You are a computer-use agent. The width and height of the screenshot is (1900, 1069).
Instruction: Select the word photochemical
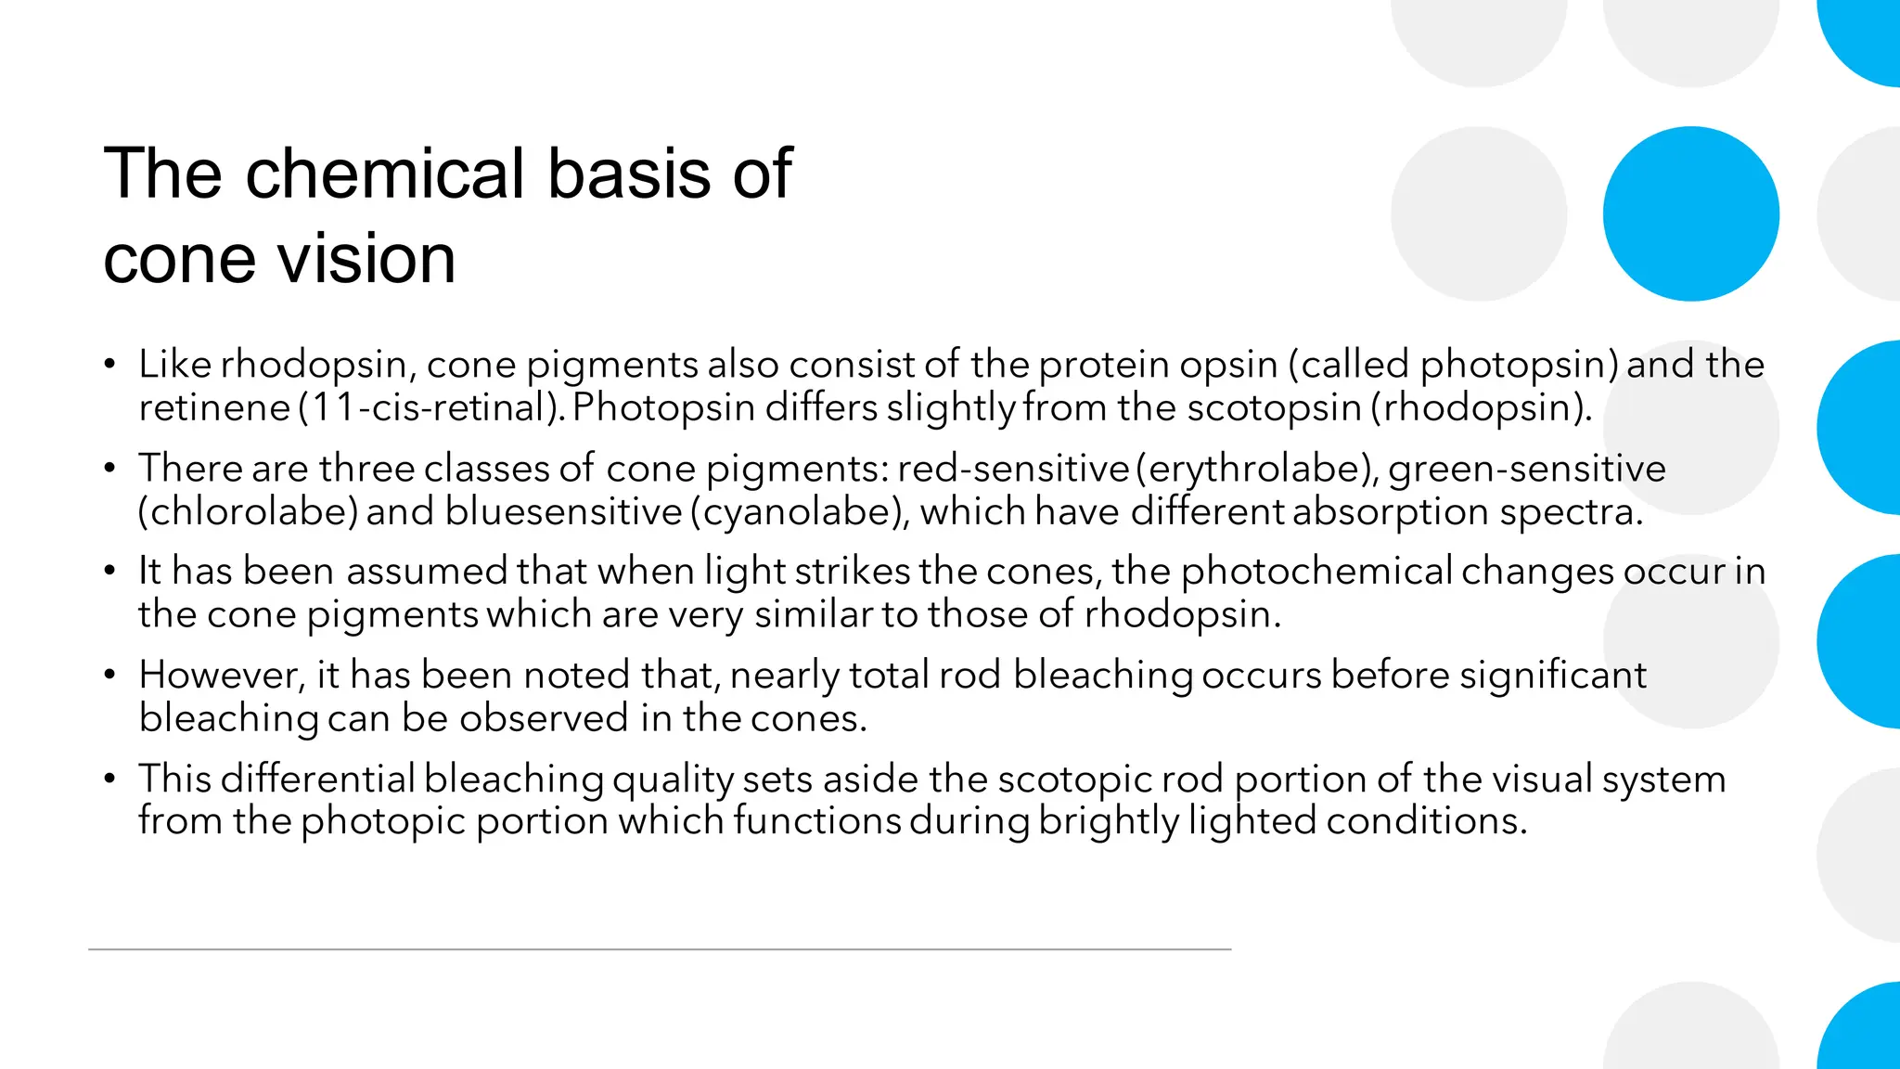pyautogui.click(x=1316, y=571)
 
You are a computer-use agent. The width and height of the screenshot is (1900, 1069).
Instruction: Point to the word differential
pyautogui.click(x=317, y=778)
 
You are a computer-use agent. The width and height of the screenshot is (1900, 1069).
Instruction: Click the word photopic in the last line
pyautogui.click(x=382, y=821)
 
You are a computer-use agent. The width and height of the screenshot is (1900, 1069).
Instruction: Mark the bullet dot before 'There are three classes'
pyautogui.click(x=109, y=469)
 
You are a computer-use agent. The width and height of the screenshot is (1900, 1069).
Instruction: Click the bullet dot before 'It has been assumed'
pyautogui.click(x=109, y=572)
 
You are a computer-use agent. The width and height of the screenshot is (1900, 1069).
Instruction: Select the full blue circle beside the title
pyautogui.click(x=1690, y=213)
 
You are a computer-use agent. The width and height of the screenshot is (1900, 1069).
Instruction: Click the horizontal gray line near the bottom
pyautogui.click(x=659, y=949)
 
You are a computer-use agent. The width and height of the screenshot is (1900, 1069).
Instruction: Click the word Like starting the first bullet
pyautogui.click(x=174, y=364)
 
